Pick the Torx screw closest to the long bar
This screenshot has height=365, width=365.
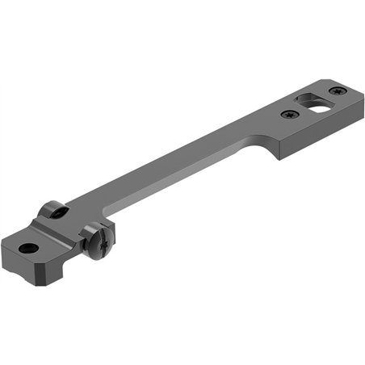pyautogui.click(x=289, y=115)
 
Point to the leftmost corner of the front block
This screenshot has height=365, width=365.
pyautogui.click(x=2, y=242)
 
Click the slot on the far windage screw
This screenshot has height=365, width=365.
pyautogui.click(x=57, y=211)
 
